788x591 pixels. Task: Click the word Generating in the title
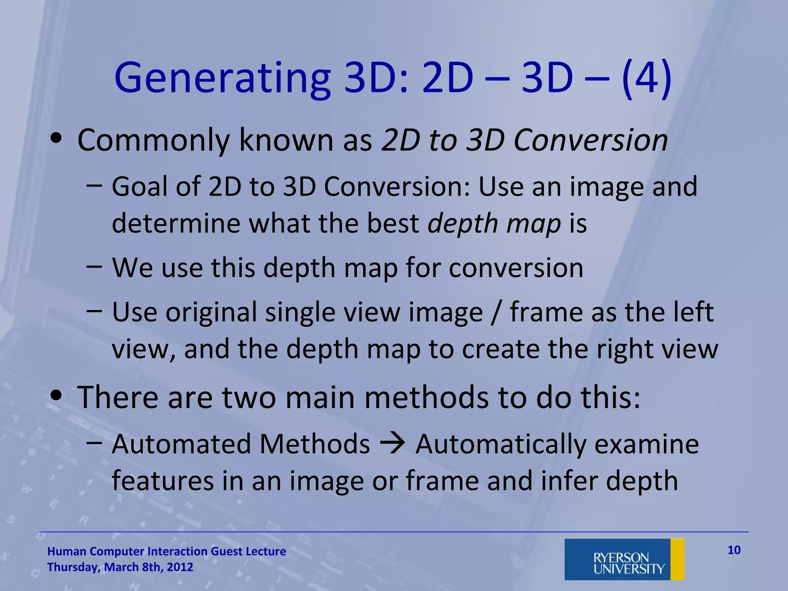click(x=222, y=79)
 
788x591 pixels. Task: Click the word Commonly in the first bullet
click(x=153, y=140)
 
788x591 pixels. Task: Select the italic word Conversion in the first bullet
click(x=591, y=140)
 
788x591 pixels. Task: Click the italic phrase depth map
click(x=494, y=223)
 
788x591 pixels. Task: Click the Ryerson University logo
click(x=624, y=559)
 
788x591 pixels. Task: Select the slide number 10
click(x=734, y=550)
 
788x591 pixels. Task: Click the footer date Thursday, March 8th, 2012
click(x=120, y=567)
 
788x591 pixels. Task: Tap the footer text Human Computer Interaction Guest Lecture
click(x=166, y=551)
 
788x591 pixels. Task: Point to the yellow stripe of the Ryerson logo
click(x=677, y=559)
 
